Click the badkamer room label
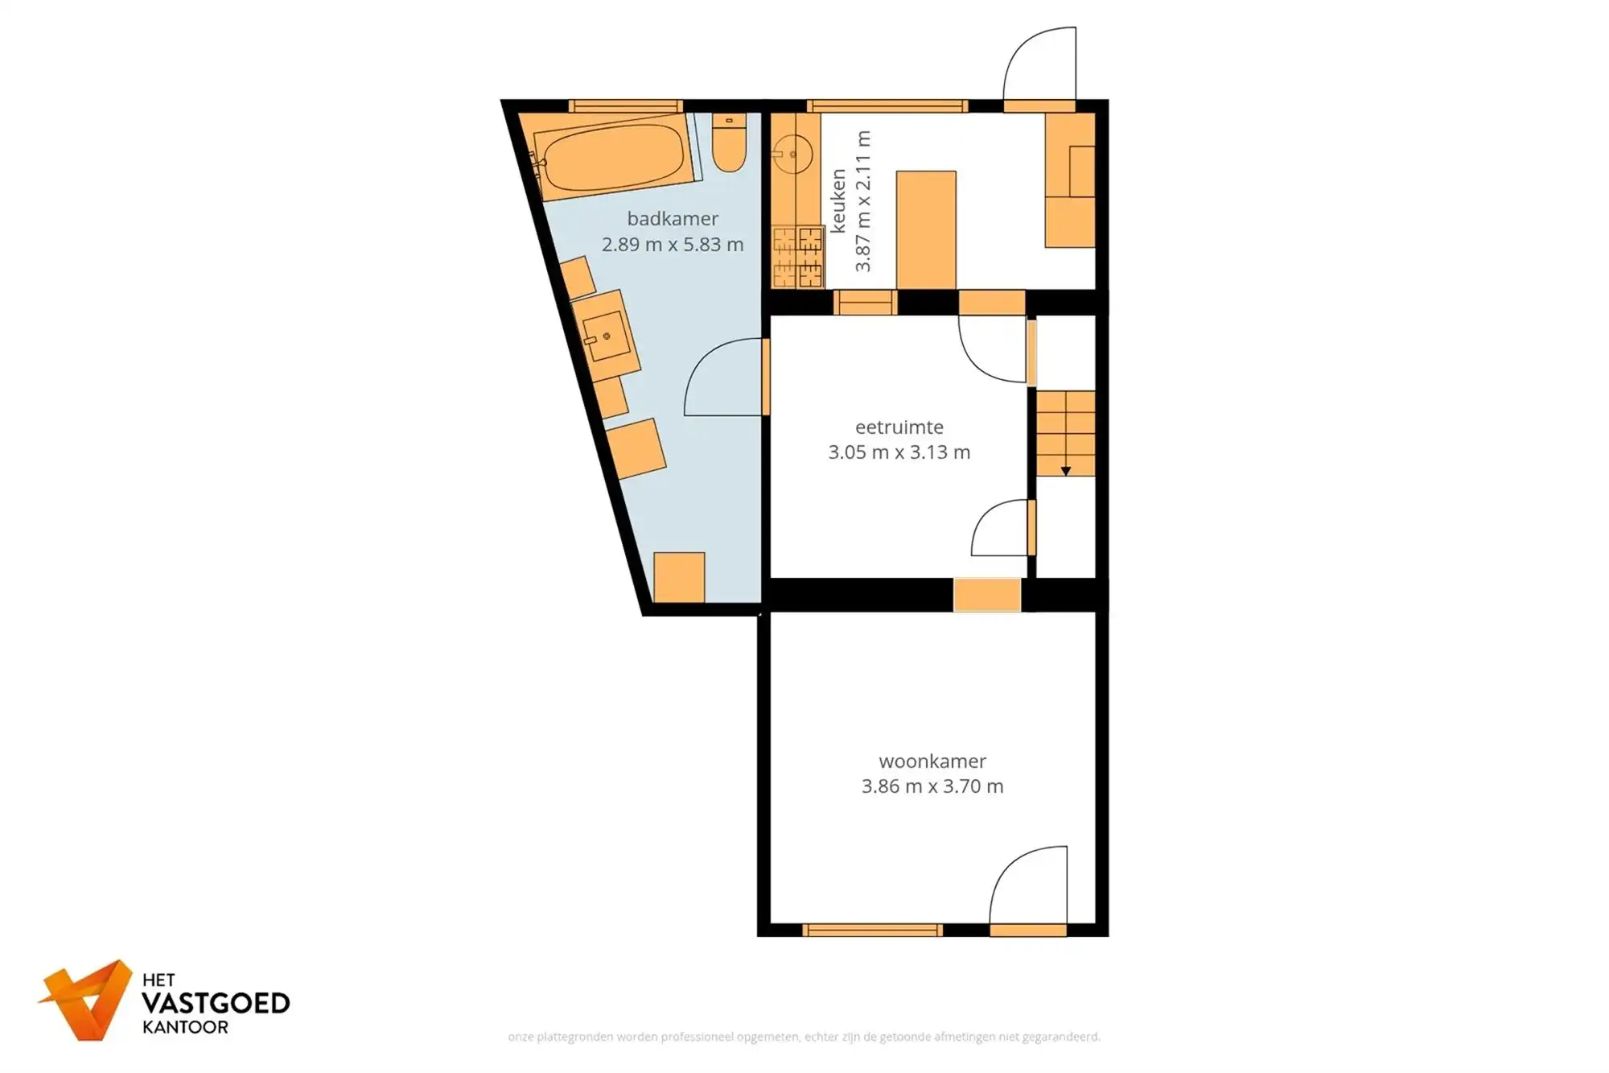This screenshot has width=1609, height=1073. click(673, 219)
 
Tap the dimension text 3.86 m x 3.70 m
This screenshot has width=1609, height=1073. click(932, 786)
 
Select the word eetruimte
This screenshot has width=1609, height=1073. click(899, 427)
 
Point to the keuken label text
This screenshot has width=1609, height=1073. click(838, 201)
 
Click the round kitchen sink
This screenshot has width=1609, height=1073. click(792, 154)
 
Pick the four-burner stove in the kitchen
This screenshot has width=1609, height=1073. click(797, 258)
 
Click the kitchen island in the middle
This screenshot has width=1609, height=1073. click(926, 229)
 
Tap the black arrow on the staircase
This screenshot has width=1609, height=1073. click(1065, 471)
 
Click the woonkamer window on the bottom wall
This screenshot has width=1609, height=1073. click(872, 931)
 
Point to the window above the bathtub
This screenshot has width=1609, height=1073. click(625, 105)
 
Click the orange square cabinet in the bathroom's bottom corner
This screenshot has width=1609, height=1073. click(679, 576)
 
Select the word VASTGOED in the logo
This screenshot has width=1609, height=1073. click(216, 1003)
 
